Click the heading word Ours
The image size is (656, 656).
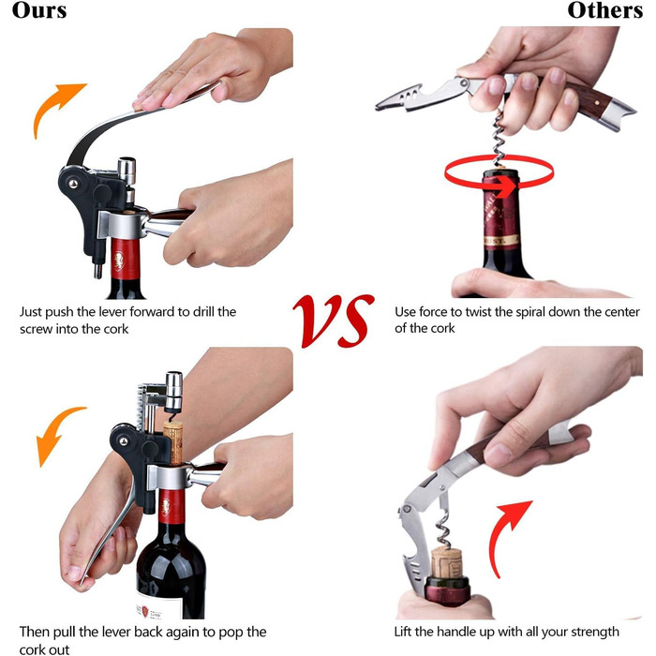[39, 10]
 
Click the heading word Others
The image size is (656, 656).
[605, 10]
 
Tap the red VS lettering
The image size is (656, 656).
[334, 321]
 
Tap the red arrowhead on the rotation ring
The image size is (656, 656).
[509, 187]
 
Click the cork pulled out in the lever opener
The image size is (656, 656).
[173, 442]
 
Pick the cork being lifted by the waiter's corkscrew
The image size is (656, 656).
[446, 562]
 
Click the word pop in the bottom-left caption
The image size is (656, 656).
[228, 633]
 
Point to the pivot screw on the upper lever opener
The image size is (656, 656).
[73, 184]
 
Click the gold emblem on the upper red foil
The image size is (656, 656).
[119, 261]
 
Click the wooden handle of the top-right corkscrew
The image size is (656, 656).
[586, 98]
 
